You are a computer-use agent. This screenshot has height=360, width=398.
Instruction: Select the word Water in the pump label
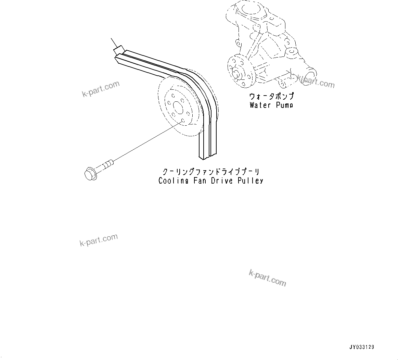point(260,105)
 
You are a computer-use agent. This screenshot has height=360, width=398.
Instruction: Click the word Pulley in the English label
point(251,181)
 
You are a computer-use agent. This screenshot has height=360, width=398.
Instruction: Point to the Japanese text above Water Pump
point(271,97)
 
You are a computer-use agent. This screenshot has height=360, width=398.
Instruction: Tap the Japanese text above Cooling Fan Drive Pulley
point(210,171)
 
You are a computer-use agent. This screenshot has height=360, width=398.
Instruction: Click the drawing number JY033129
point(362,347)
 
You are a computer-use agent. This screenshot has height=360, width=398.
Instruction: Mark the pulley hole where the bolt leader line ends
point(182,121)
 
